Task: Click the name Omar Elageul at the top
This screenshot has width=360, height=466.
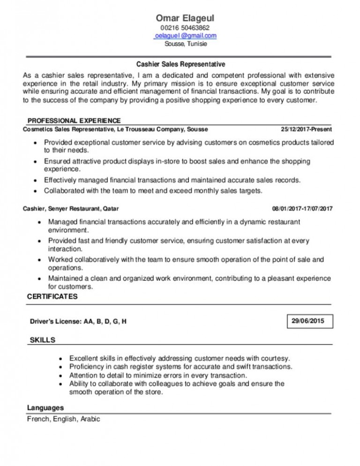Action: click(x=180, y=18)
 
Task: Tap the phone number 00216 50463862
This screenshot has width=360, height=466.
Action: click(x=180, y=28)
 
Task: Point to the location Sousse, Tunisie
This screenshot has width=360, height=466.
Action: click(x=180, y=45)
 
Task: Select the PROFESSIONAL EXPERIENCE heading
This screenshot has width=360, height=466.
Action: click(x=74, y=120)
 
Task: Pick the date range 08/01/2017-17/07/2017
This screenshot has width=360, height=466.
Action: click(x=302, y=208)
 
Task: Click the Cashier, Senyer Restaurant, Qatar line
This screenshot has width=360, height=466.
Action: click(x=74, y=208)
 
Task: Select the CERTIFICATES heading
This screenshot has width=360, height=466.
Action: click(x=52, y=297)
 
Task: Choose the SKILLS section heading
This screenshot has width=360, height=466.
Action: click(x=42, y=339)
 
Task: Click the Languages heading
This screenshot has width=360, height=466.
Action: click(x=45, y=407)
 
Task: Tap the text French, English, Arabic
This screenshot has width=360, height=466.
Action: click(x=64, y=419)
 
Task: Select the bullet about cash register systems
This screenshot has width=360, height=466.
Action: click(x=180, y=366)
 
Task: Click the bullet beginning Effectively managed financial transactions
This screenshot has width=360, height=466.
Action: click(x=172, y=180)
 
